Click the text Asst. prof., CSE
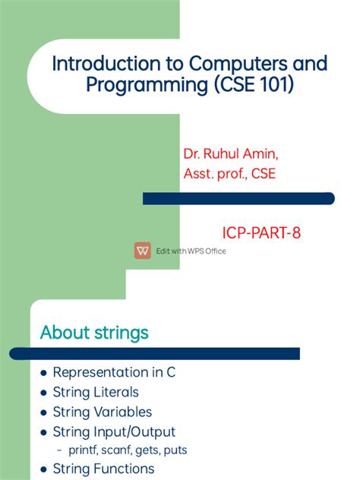pos(229,174)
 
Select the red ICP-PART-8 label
pos(261,233)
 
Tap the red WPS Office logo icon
pos(143,251)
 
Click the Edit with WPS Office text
pos(191,251)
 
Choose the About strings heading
pos(94,333)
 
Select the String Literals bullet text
pos(96,392)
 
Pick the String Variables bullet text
pos(103,412)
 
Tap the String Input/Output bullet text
pos(114,431)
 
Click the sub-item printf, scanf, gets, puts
pos(127,450)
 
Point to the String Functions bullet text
pos(103,469)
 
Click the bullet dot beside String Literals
pos(43,393)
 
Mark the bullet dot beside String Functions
pos(43,469)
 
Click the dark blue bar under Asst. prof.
pos(238,198)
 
